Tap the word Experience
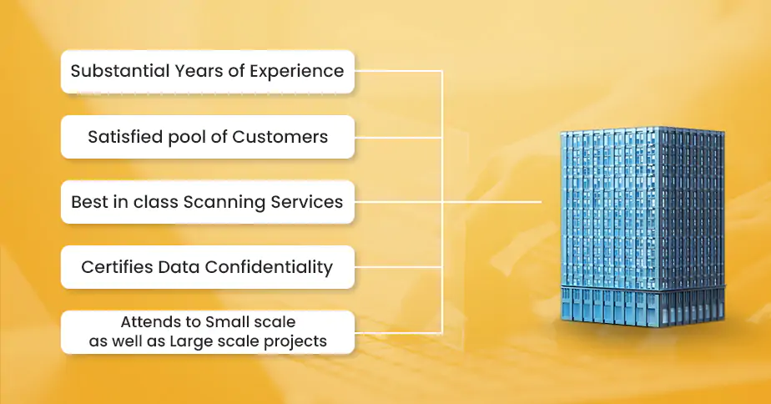coord(296,71)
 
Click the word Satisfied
coord(125,137)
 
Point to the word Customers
coord(280,137)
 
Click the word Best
coord(88,202)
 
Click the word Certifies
coord(117,267)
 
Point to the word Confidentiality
coord(269,267)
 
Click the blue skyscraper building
coord(642,226)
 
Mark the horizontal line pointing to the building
coord(491,202)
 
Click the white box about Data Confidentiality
coord(208,267)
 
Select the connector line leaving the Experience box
coord(398,71)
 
